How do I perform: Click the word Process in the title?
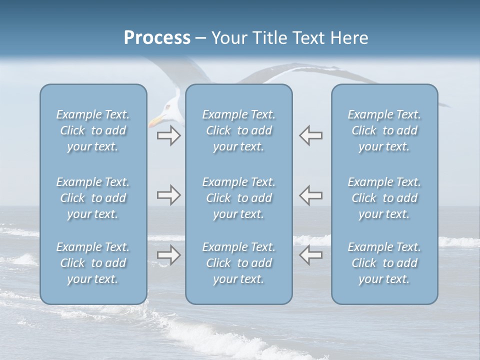(x=157, y=38)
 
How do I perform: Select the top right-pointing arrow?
(x=168, y=135)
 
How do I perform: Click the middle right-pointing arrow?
(x=168, y=195)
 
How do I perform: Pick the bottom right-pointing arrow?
(x=168, y=255)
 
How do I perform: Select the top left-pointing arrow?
(x=311, y=135)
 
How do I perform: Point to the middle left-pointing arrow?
(x=311, y=195)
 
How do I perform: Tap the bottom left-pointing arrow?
(x=311, y=255)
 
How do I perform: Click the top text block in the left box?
(x=93, y=130)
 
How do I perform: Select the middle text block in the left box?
(x=93, y=198)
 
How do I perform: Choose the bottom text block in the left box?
(x=93, y=263)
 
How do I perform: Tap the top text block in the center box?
(x=239, y=130)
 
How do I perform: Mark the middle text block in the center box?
(x=239, y=198)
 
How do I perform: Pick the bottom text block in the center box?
(x=239, y=263)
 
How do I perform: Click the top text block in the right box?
(x=384, y=130)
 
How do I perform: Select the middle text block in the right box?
(x=384, y=198)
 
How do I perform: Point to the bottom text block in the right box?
(x=384, y=263)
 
